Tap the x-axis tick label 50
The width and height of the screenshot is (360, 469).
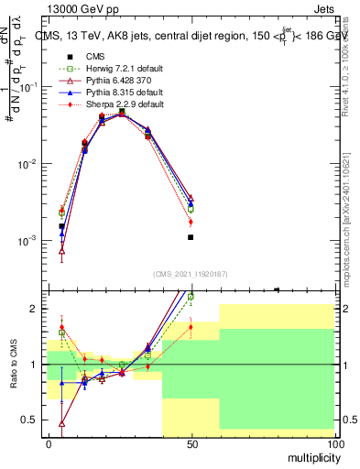(191, 443)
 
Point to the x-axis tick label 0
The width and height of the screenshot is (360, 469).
(49, 443)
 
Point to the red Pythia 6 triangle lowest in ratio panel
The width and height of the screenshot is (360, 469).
(62, 424)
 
